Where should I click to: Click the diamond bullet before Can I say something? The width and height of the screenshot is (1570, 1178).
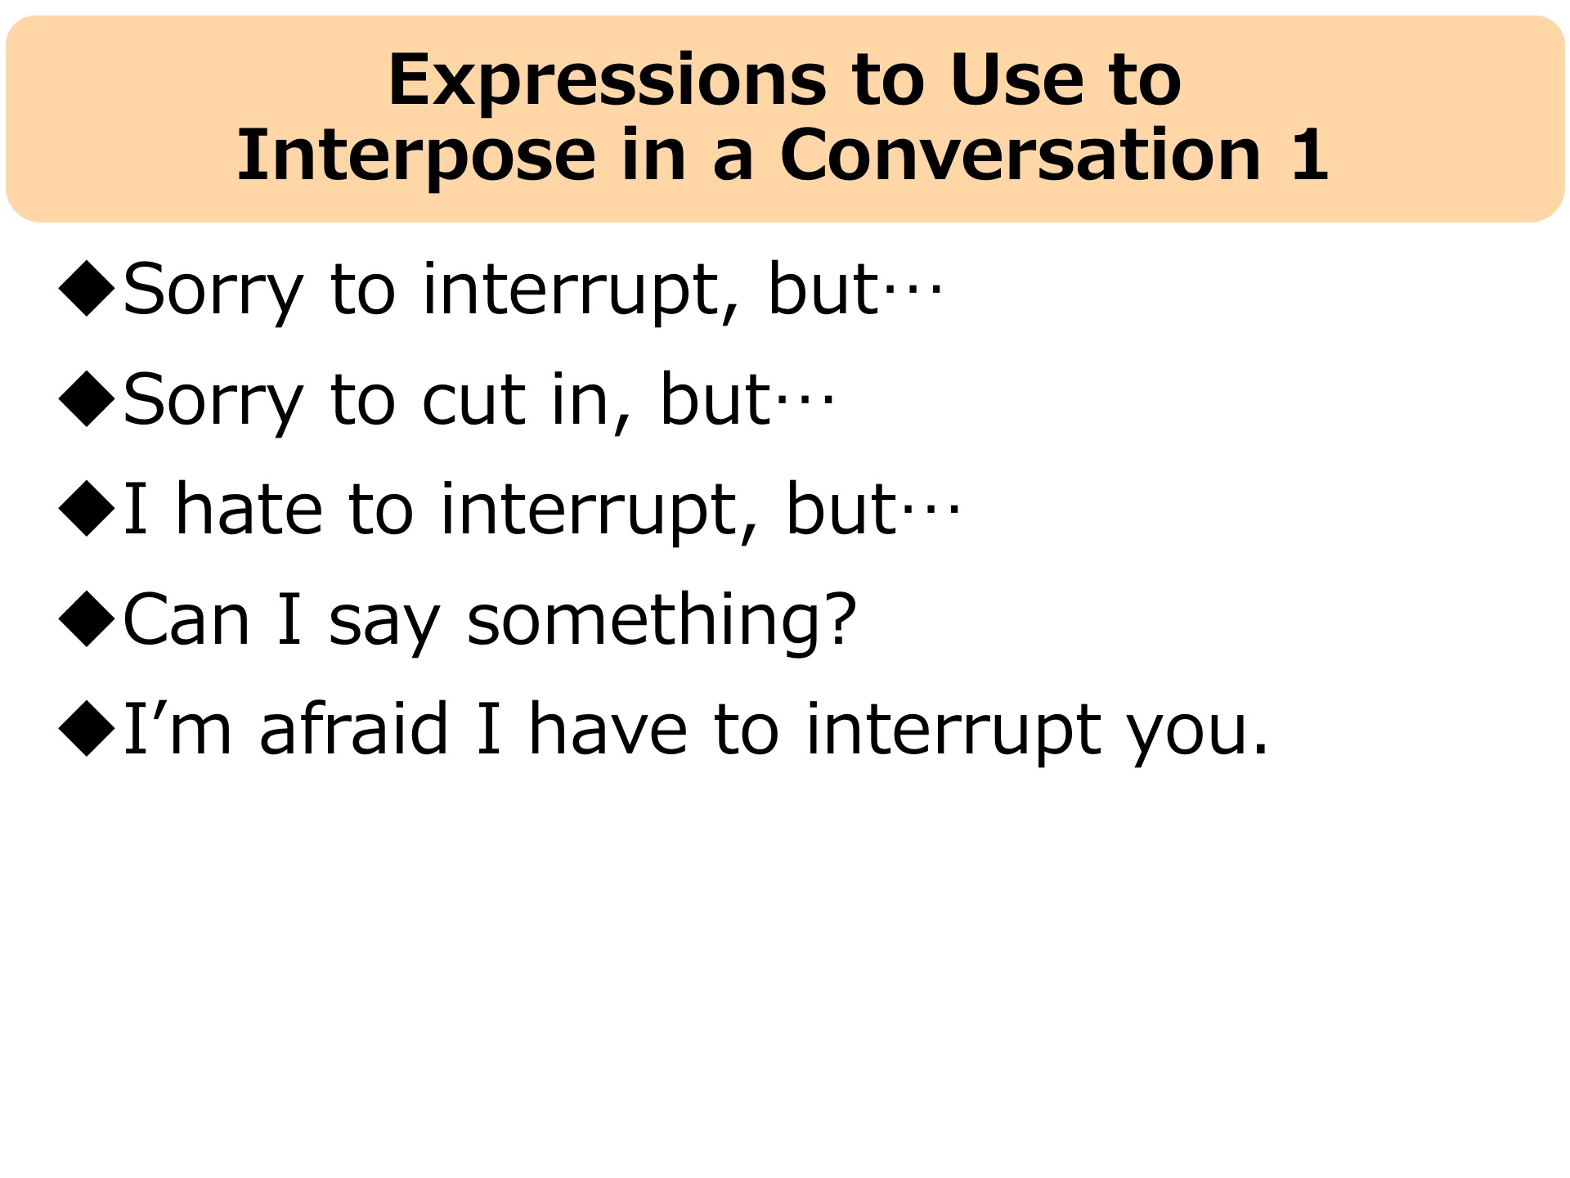tap(87, 619)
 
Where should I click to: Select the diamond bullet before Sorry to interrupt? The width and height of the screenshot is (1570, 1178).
tap(87, 288)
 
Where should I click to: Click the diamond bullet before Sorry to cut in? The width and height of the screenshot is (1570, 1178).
tap(87, 398)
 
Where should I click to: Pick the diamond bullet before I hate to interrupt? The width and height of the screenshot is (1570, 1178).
tap(87, 509)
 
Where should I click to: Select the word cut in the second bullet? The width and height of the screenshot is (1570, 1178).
tap(474, 400)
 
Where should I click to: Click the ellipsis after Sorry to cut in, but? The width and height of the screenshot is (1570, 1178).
tap(804, 400)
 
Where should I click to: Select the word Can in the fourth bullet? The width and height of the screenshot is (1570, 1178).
tap(186, 618)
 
